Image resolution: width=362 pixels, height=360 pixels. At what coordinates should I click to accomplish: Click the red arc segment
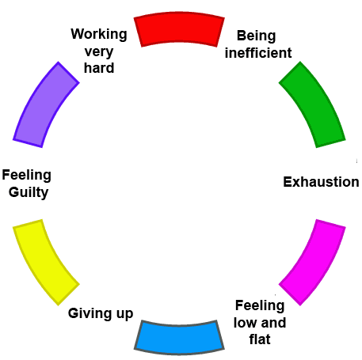(x=179, y=28)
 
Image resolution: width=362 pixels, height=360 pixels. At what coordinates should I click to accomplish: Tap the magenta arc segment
(x=315, y=261)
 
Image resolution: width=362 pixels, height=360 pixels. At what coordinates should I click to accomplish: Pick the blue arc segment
(x=179, y=338)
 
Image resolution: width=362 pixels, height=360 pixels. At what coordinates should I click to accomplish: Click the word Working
(x=99, y=34)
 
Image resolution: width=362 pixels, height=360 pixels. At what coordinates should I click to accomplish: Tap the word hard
(x=99, y=68)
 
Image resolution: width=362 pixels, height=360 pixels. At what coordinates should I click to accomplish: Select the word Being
(x=257, y=36)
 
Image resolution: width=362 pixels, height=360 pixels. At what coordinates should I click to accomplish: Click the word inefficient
(x=258, y=53)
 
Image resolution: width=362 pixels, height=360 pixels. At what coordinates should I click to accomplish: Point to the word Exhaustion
(x=321, y=182)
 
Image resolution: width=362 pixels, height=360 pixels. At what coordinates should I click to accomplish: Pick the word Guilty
(x=29, y=192)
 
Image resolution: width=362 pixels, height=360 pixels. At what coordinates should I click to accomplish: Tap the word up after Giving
(x=124, y=314)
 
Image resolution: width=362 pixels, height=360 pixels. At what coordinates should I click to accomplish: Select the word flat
(x=260, y=339)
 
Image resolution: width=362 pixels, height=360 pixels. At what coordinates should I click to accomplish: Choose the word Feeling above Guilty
(x=27, y=176)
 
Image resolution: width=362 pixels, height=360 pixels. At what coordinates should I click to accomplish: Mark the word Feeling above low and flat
(x=260, y=306)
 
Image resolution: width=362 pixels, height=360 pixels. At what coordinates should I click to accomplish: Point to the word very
(x=99, y=51)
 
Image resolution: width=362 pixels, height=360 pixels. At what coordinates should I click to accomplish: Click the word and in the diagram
(x=273, y=323)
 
